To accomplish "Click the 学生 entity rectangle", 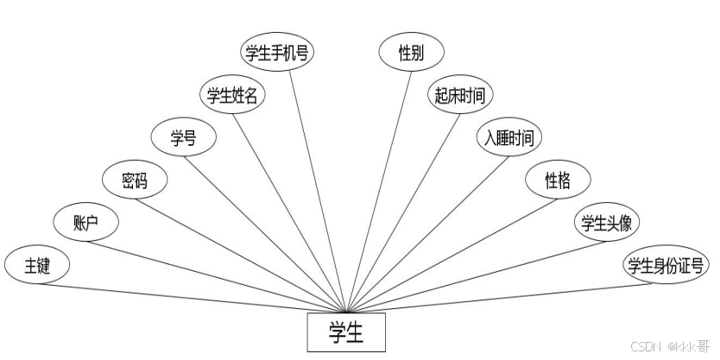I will [346, 332].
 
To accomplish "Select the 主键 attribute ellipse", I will [37, 266].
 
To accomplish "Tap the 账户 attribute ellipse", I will [85, 224].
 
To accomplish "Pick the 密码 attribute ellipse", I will [135, 180].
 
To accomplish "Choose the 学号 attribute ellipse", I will [183, 137].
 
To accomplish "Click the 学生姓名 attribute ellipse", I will [232, 95].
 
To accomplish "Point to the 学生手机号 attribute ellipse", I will [277, 53].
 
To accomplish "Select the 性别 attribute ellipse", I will [411, 53].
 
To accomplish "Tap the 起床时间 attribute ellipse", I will [459, 95].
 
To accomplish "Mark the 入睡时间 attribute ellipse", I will [508, 137].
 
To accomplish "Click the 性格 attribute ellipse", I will [557, 180].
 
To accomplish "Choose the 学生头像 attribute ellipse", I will [607, 224].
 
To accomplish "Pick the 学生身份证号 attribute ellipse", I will [666, 266].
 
